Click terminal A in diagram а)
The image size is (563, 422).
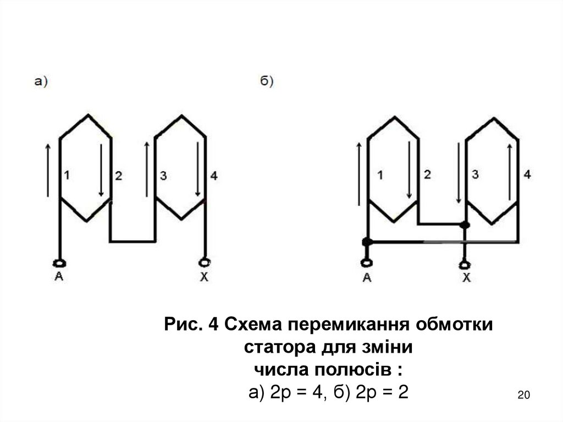59,262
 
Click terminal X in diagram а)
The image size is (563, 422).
205,262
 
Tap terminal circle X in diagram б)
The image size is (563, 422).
466,262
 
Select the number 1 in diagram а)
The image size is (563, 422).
67,176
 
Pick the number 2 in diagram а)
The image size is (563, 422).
118,176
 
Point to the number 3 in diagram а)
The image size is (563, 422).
163,176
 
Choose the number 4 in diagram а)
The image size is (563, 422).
214,176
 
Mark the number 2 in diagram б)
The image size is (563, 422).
427,175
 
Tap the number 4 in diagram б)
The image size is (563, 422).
527,175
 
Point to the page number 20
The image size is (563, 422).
523,395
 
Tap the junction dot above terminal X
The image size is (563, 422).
465,224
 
